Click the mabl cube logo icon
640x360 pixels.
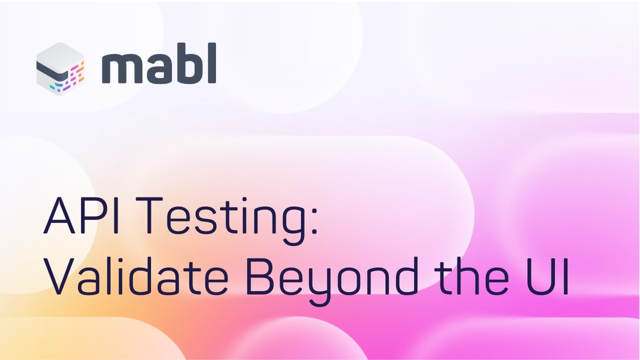tap(60, 69)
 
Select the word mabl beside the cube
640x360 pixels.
tap(159, 64)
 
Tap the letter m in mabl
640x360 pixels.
tap(120, 68)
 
